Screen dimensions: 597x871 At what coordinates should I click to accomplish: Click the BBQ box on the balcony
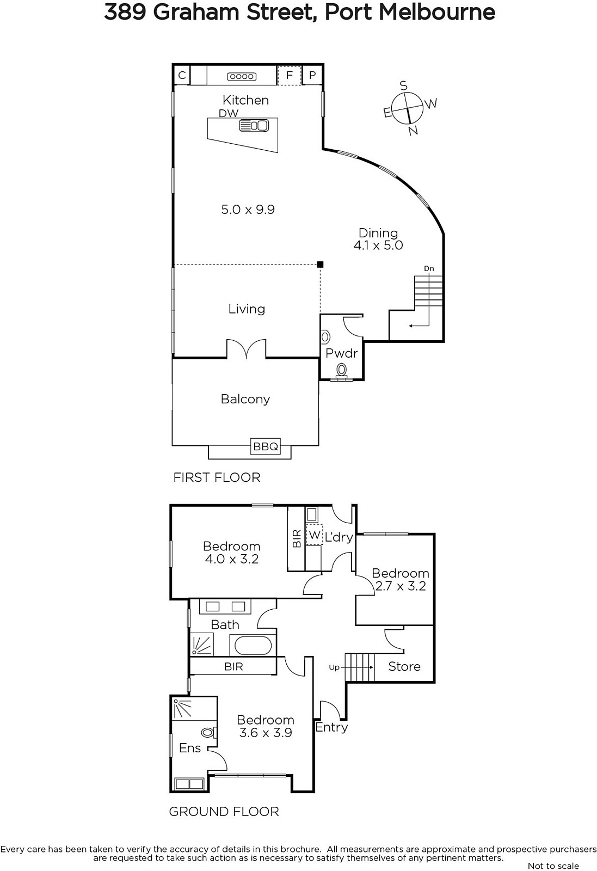pyautogui.click(x=266, y=446)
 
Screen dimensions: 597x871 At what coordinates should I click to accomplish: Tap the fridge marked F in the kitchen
pyautogui.click(x=289, y=75)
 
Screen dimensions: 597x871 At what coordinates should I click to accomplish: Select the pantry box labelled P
pyautogui.click(x=312, y=75)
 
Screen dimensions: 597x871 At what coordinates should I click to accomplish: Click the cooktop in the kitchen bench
pyautogui.click(x=242, y=77)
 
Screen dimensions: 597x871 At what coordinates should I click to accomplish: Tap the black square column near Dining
pyautogui.click(x=320, y=265)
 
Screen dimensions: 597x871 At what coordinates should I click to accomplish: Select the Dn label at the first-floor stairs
pyautogui.click(x=429, y=269)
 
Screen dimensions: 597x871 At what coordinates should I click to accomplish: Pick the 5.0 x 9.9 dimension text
pyautogui.click(x=248, y=210)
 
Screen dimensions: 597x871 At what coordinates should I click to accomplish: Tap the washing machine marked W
pyautogui.click(x=314, y=535)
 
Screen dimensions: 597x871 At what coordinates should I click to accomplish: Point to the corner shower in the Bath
pyautogui.click(x=202, y=645)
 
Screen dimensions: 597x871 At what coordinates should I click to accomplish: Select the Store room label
pyautogui.click(x=404, y=667)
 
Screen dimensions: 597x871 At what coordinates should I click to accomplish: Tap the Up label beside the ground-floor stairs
pyautogui.click(x=334, y=667)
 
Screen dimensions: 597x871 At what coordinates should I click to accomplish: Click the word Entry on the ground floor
pyautogui.click(x=331, y=727)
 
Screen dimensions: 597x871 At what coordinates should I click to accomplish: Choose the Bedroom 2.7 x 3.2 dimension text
pyautogui.click(x=401, y=586)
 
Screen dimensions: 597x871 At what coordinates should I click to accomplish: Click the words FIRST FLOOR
pyautogui.click(x=217, y=477)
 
